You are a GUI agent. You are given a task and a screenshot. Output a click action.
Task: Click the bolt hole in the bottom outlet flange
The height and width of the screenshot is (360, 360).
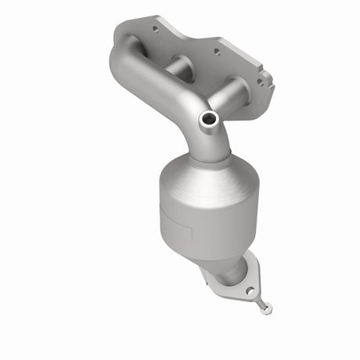click(250, 290)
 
